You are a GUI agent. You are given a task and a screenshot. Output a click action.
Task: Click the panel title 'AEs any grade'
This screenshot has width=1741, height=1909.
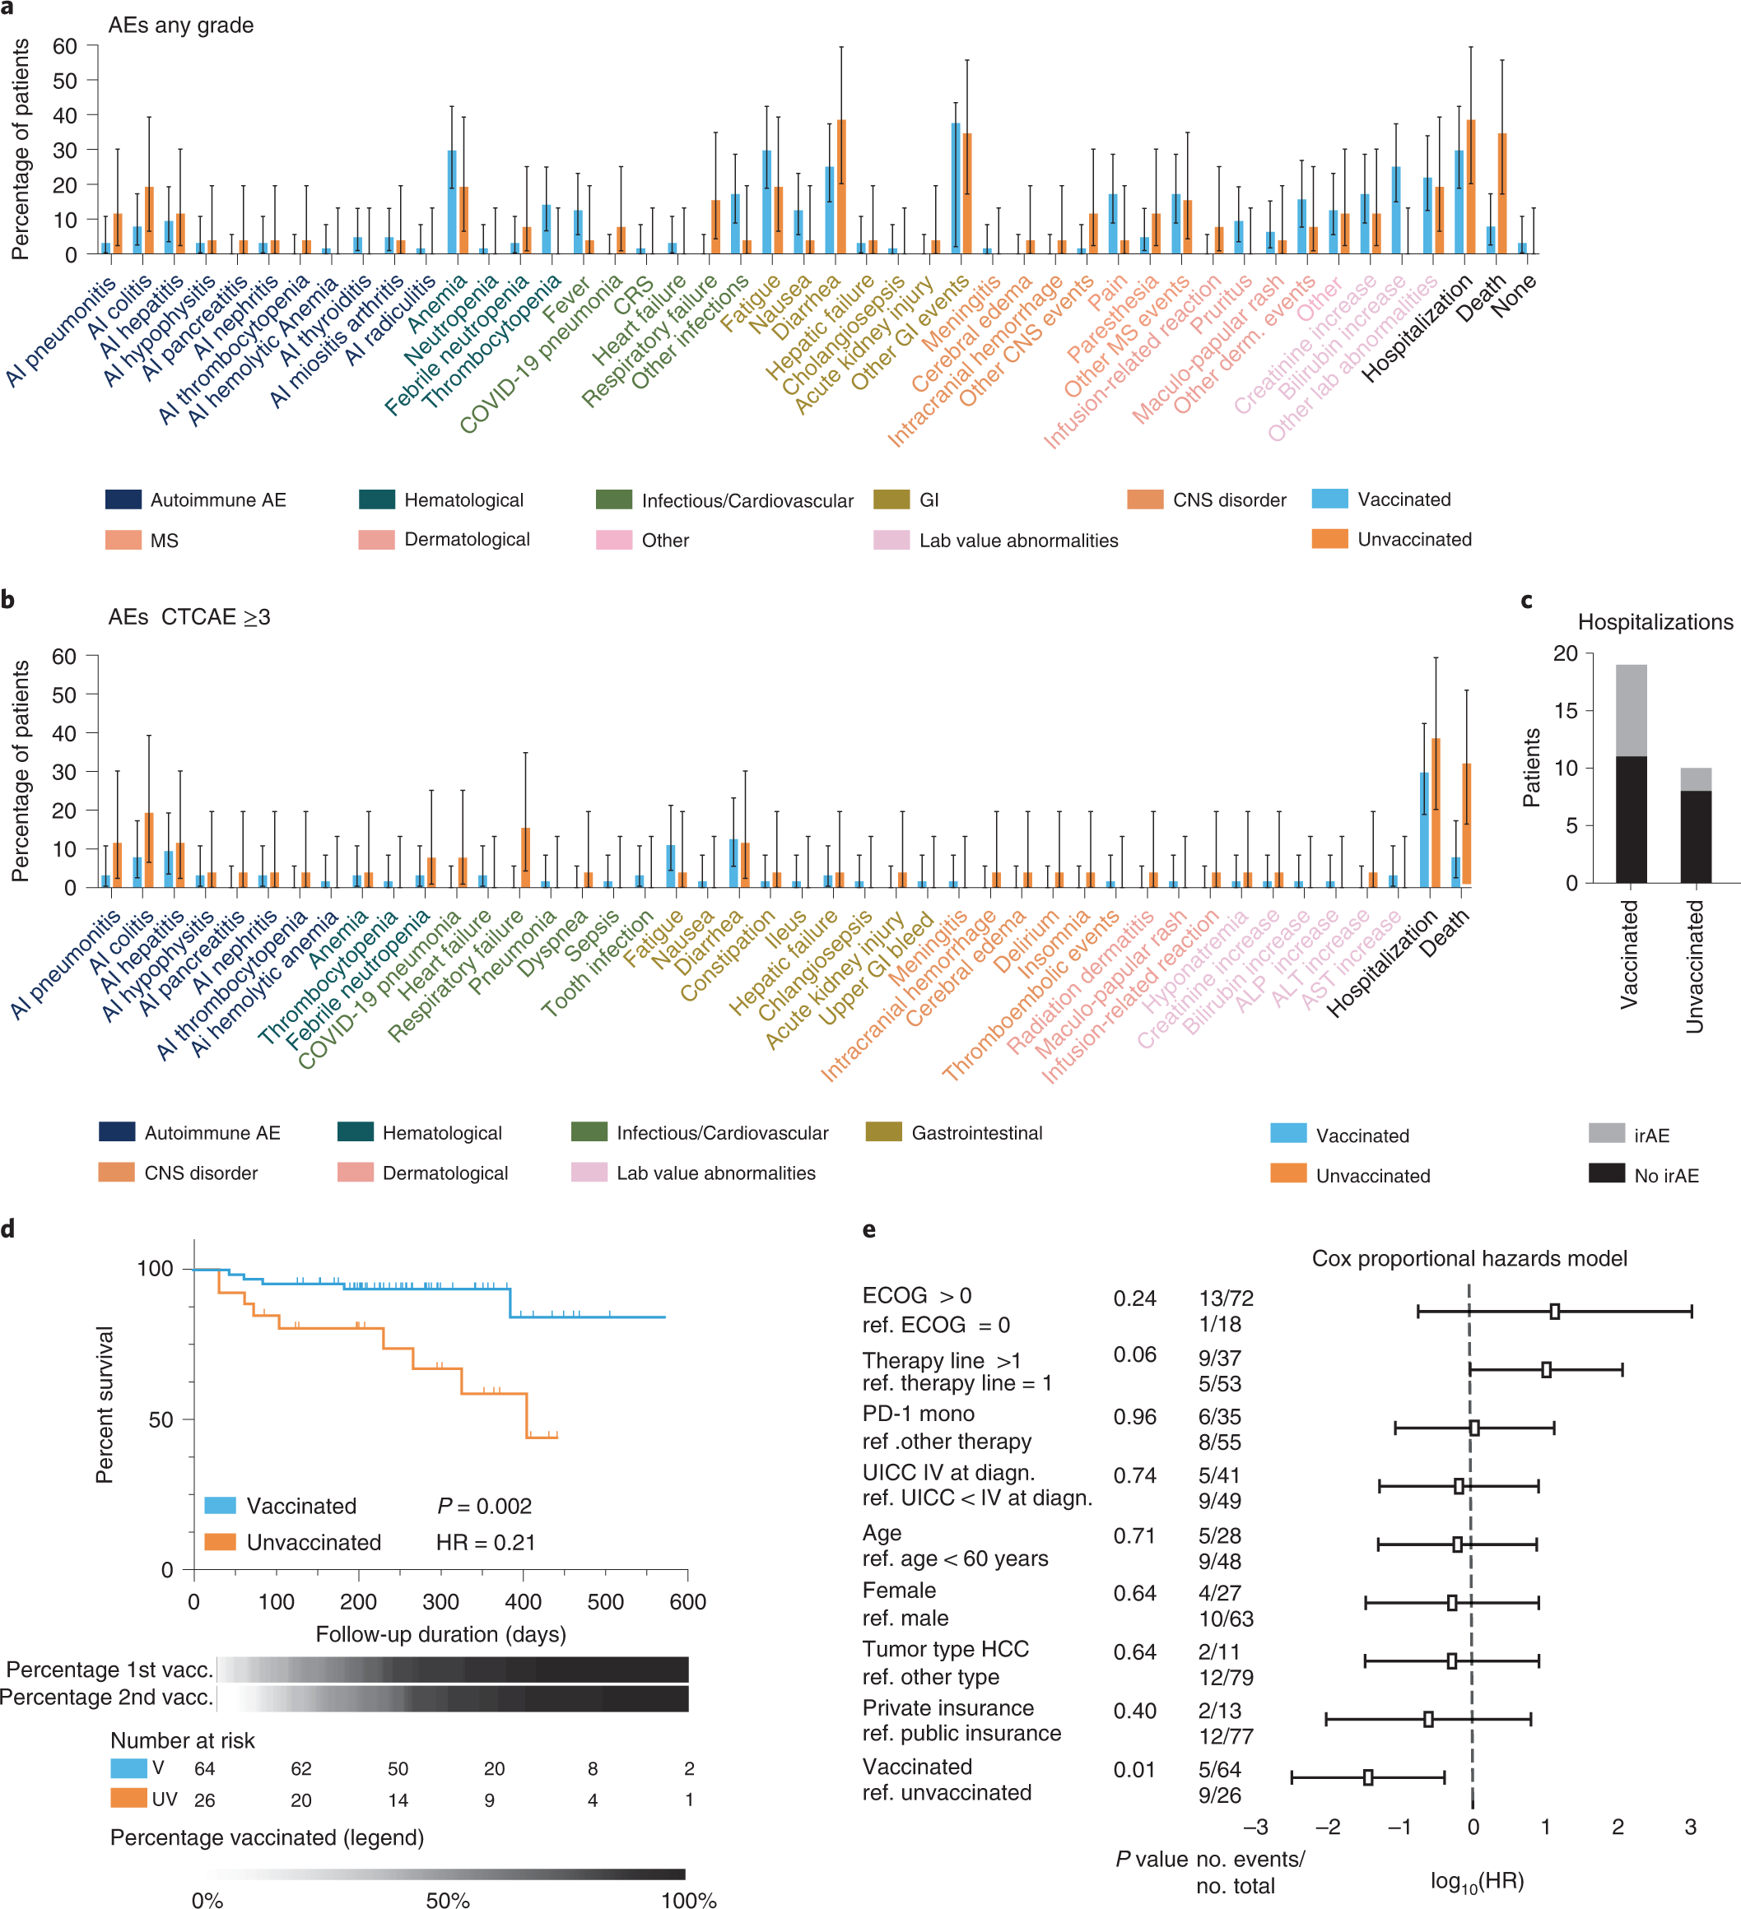coord(180,25)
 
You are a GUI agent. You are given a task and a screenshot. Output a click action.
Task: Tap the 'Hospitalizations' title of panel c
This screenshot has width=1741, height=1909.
coord(1655,622)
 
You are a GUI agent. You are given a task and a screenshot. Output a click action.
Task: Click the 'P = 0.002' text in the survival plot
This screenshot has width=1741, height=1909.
coord(484,1506)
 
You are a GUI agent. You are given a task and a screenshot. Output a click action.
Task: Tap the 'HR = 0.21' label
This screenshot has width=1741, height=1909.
coord(485,1543)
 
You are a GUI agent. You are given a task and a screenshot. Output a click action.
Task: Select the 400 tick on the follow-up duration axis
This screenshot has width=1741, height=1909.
coord(523,1602)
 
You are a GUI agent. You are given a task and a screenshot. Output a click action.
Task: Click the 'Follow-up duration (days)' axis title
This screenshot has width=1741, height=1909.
coord(440,1634)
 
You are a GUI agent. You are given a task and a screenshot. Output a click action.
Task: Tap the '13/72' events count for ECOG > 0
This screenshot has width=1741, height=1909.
coord(1225,1298)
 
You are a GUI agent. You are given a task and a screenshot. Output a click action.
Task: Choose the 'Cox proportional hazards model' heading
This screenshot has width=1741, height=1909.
coord(1469,1258)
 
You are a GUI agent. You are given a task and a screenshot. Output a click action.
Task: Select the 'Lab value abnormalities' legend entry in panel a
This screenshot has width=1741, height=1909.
coord(1018,541)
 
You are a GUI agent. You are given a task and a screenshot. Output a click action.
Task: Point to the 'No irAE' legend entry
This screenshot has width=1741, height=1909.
coord(1665,1175)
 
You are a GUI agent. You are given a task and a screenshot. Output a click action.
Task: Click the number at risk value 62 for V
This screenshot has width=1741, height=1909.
coord(300,1769)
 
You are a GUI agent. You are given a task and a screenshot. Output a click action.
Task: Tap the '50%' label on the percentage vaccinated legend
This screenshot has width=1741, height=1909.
coord(447,1899)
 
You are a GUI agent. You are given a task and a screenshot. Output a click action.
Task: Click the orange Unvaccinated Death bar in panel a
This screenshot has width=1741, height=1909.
coord(1501,193)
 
